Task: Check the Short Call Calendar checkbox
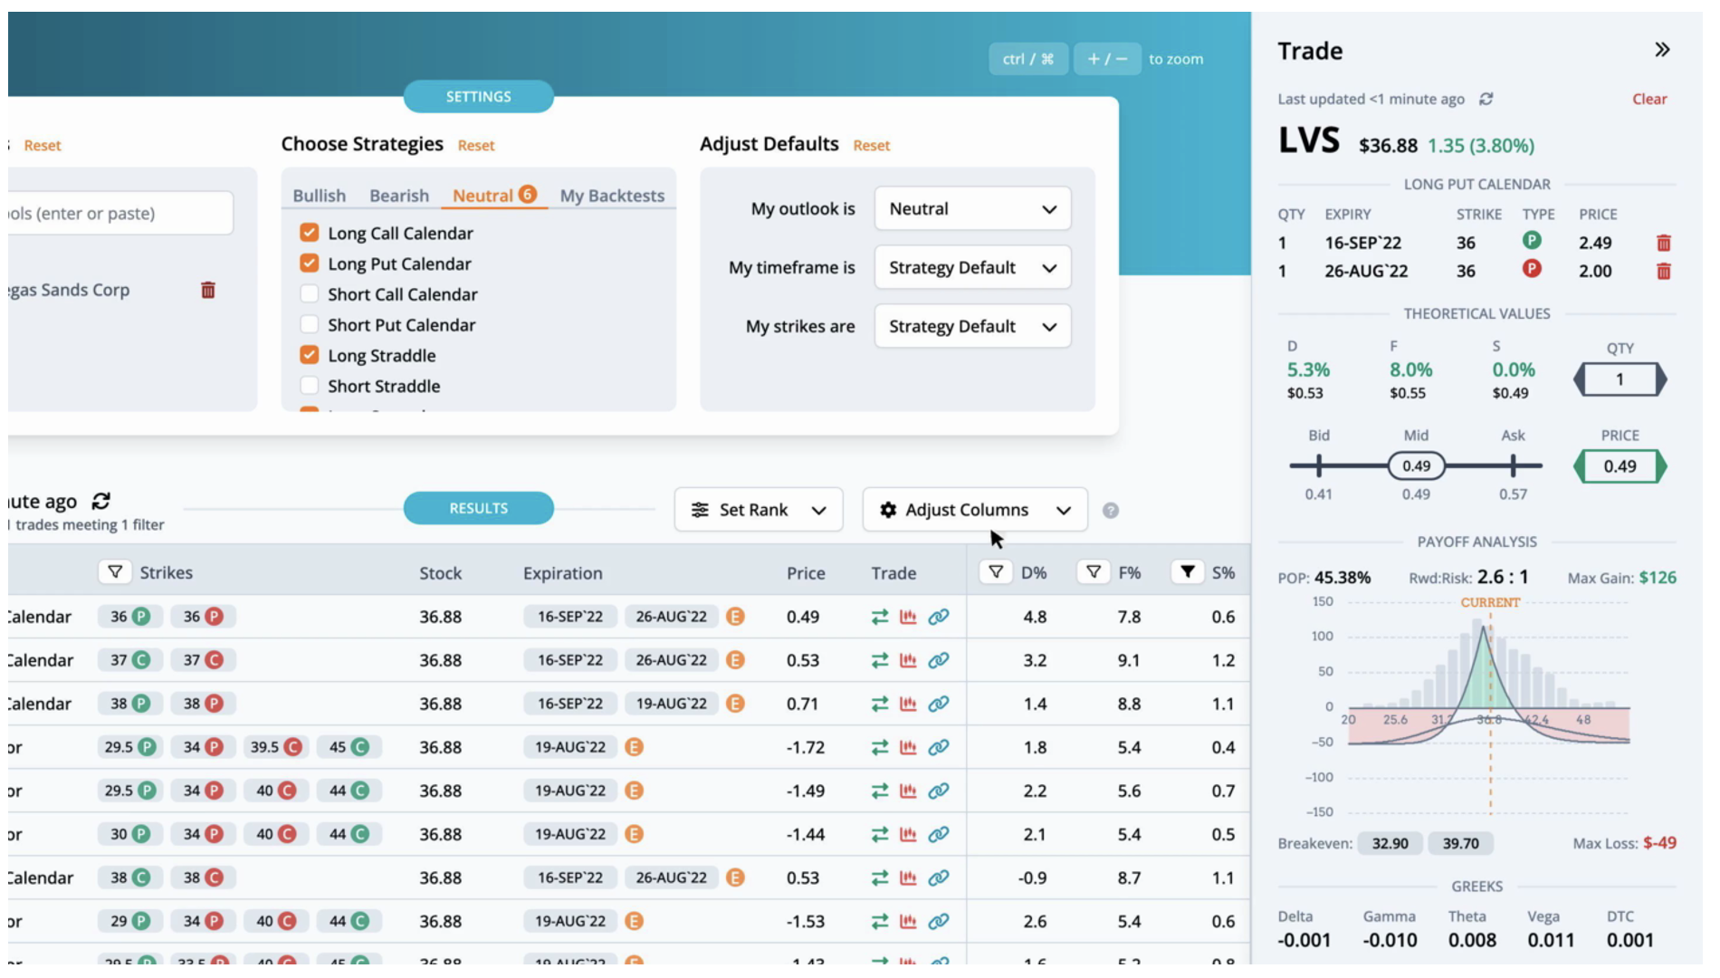coord(309,294)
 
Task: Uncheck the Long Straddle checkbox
coord(309,355)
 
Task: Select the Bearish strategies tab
coord(398,196)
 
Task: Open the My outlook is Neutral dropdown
coord(971,209)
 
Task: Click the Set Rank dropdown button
coord(758,510)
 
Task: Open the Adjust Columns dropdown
coord(974,510)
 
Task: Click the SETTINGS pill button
coord(478,97)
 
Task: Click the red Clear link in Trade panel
coord(1648,100)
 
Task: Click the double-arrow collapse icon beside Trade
coord(1661,50)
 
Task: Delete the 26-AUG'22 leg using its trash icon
coord(1663,271)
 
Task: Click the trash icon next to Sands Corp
coord(207,290)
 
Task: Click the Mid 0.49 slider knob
coord(1416,466)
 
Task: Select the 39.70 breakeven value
coord(1460,843)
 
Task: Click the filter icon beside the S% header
coord(1187,571)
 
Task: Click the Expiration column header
coord(562,573)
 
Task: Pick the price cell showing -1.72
coord(805,747)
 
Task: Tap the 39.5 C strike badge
coord(275,747)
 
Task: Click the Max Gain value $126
coord(1657,578)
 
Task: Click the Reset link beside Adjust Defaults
coord(871,146)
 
